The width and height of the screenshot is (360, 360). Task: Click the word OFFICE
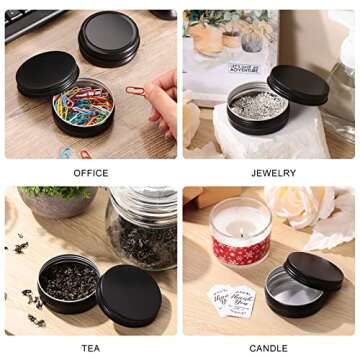[91, 173]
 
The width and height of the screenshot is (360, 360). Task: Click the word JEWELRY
[272, 173]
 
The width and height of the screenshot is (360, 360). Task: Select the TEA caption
[91, 348]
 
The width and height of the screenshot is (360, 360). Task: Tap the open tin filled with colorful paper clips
[82, 108]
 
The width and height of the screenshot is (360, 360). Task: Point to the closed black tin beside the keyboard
[108, 37]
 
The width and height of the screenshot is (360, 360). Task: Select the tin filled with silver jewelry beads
[257, 107]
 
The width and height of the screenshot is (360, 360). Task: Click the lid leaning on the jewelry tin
[298, 85]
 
